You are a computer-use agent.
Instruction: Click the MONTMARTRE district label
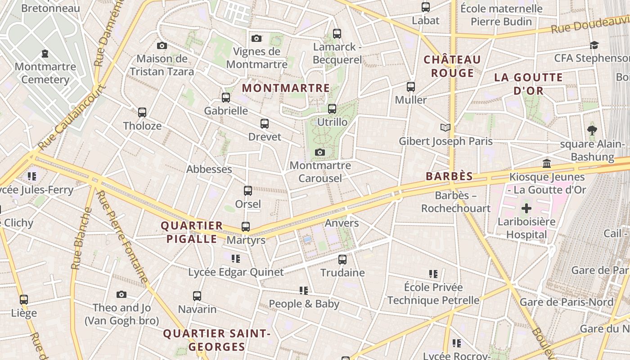coord(286,88)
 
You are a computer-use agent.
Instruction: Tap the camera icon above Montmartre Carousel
coord(320,153)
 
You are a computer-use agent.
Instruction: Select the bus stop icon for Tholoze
coord(142,112)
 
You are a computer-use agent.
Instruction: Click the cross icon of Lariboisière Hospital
coord(526,208)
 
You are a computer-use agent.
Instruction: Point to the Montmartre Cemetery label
coord(45,73)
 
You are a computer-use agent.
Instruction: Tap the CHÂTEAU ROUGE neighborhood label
coord(452,66)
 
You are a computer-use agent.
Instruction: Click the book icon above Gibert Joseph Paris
coord(445,128)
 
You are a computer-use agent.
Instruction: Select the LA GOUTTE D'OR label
coord(528,84)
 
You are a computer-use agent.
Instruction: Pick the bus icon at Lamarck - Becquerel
coord(337,34)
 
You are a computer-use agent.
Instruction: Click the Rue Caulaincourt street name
coord(72,118)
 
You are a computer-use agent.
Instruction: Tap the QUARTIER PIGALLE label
coord(192,232)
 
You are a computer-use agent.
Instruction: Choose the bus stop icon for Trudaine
coord(342,260)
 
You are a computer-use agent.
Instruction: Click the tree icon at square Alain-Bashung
coord(592,130)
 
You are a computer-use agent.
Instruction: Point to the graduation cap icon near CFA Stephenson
coord(594,45)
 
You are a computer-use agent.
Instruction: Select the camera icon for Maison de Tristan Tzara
coord(162,45)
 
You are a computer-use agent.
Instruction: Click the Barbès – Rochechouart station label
coord(455,202)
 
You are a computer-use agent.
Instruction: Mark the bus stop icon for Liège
coord(24,300)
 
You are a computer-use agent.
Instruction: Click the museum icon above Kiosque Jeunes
coord(547,163)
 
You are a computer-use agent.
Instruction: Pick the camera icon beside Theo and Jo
coord(121,295)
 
